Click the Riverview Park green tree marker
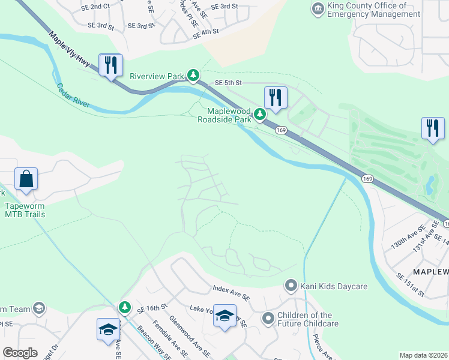193,75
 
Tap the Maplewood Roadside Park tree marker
259,113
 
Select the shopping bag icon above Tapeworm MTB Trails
26,179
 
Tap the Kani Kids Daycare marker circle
291,285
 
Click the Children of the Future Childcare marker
268,317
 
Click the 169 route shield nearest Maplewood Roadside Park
280,130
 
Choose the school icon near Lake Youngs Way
224,317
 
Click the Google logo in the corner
20,353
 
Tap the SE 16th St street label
151,307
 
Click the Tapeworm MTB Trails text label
25,210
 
